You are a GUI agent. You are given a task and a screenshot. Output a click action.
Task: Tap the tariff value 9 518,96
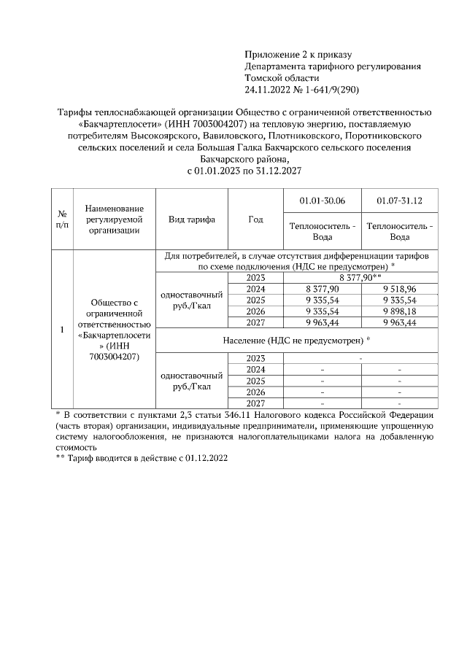[x=400, y=289]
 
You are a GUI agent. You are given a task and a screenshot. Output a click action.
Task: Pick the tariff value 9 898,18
[x=400, y=311]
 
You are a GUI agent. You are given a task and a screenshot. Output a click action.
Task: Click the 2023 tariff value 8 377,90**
[x=361, y=278]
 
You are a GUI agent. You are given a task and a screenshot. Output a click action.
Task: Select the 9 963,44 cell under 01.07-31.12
[x=400, y=322]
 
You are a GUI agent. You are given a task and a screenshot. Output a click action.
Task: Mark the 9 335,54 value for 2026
[x=323, y=311]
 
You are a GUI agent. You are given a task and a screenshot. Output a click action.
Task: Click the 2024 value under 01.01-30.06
[x=323, y=289]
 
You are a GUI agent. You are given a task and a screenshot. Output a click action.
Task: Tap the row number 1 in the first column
[x=62, y=330]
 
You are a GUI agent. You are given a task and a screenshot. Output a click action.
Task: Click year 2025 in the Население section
[x=255, y=381]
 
